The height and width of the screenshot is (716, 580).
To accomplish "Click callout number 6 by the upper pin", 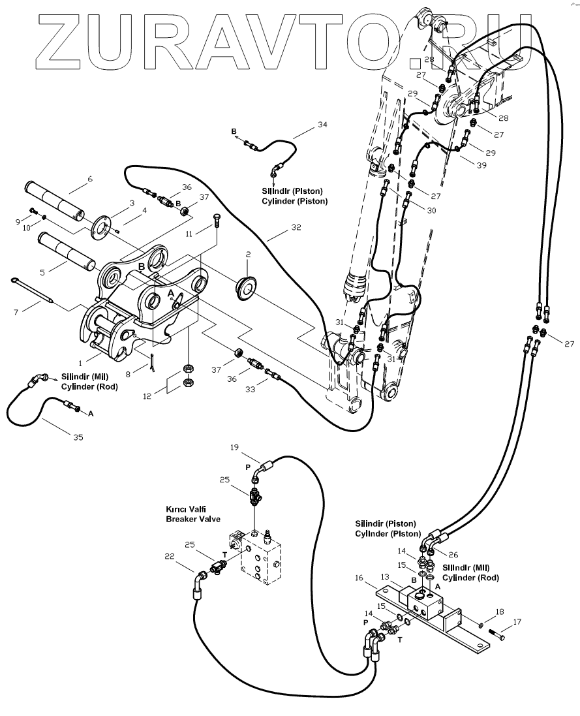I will pyautogui.click(x=90, y=179).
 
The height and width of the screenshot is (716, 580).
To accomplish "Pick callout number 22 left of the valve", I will pyautogui.click(x=169, y=556).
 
